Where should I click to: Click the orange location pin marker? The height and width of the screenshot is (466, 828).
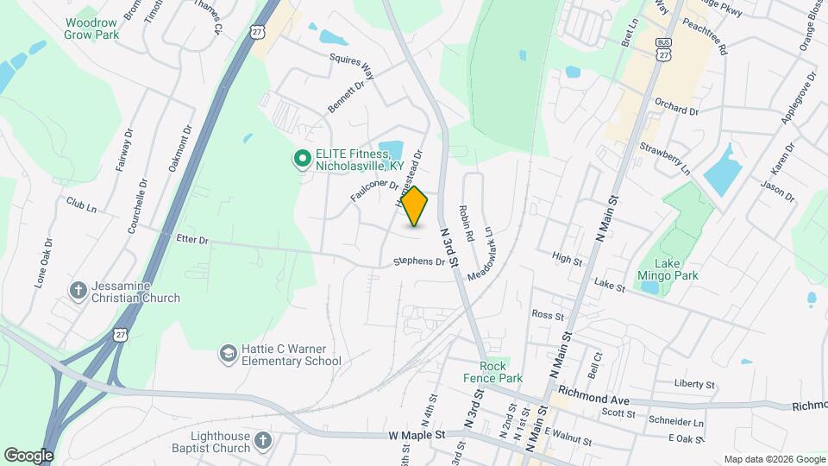point(415,206)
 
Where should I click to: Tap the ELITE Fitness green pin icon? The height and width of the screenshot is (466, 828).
point(303,158)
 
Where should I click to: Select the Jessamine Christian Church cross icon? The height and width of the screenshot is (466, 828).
point(78,290)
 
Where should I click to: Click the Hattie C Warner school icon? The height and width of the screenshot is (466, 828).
point(228,353)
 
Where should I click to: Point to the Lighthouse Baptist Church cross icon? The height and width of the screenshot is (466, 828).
point(264,442)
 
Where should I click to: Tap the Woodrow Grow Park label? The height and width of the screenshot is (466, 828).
point(92,28)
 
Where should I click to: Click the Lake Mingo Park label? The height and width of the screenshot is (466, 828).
point(675,269)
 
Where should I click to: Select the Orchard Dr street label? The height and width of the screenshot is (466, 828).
point(675,110)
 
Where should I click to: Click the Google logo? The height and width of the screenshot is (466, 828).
point(29,454)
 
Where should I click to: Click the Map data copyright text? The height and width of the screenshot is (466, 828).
point(774,459)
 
